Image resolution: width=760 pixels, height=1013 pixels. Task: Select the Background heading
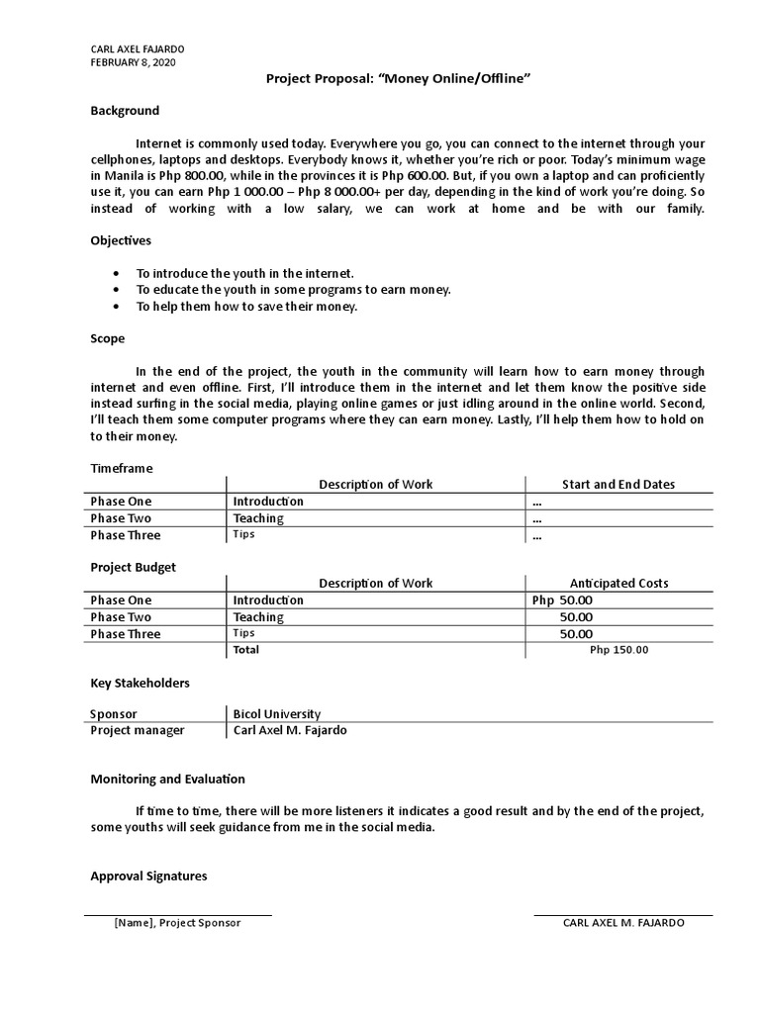(125, 111)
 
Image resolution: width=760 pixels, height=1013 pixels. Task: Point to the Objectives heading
(121, 240)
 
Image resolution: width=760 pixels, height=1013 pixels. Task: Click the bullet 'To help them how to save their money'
(246, 307)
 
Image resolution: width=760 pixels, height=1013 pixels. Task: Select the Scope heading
(108, 338)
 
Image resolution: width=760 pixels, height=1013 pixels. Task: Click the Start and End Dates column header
(618, 485)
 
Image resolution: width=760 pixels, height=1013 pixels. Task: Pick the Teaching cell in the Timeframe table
(258, 518)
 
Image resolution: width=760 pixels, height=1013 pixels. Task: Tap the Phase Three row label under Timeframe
(126, 535)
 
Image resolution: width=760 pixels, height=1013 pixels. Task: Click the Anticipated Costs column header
(618, 584)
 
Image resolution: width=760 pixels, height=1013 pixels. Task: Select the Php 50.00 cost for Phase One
(562, 600)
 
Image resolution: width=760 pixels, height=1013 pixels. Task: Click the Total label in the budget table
(245, 650)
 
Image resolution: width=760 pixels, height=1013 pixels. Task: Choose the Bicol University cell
(277, 714)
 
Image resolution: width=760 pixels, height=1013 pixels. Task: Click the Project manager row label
(138, 731)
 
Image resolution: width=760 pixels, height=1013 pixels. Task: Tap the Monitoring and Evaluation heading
(167, 780)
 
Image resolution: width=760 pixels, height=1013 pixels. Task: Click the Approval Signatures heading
(148, 876)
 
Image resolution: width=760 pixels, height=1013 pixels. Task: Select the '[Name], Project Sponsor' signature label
(177, 923)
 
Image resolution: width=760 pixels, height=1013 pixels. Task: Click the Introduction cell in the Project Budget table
(268, 600)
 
